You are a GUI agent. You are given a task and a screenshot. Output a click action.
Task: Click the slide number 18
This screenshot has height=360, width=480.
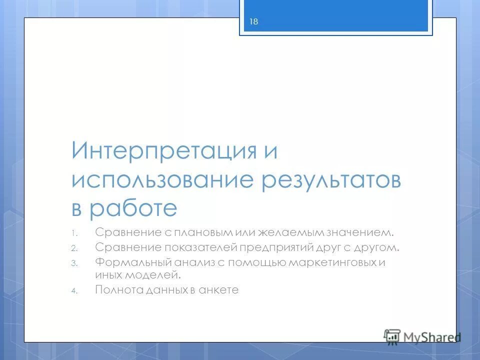click(253, 21)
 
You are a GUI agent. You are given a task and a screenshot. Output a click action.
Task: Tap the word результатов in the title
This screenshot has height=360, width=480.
click(331, 180)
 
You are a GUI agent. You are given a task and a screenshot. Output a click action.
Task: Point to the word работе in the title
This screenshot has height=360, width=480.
click(133, 208)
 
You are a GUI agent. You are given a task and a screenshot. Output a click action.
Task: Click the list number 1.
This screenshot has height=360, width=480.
click(73, 233)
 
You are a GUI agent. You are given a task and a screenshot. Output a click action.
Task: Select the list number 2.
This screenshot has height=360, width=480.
click(73, 248)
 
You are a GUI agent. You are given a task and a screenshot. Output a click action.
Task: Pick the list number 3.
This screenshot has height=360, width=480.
click(73, 263)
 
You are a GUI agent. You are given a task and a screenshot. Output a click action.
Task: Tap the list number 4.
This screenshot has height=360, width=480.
click(73, 290)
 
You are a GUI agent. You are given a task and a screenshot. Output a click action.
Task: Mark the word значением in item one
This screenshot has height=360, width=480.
click(361, 232)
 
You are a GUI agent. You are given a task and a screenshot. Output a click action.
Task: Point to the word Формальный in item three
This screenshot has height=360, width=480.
click(127, 262)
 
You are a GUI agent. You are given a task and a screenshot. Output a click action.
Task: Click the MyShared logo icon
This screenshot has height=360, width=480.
click(392, 336)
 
